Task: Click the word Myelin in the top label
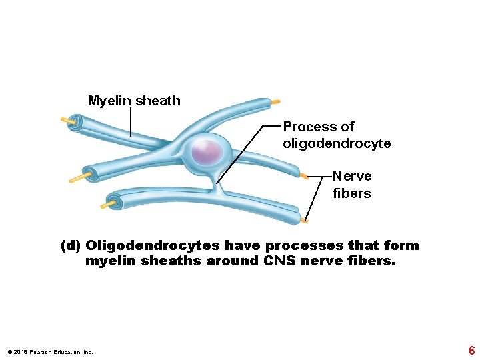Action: click(110, 101)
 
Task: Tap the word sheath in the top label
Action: click(158, 101)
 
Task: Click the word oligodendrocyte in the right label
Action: click(337, 143)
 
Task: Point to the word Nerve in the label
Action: click(352, 176)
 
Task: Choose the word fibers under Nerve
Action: click(351, 193)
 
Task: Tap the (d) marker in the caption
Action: click(71, 245)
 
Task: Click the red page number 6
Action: click(471, 350)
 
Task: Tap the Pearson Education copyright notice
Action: click(50, 351)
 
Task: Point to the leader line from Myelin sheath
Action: click(130, 123)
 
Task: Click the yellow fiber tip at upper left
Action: click(67, 121)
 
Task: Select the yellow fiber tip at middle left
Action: click(78, 178)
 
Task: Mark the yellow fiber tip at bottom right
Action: click(304, 220)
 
